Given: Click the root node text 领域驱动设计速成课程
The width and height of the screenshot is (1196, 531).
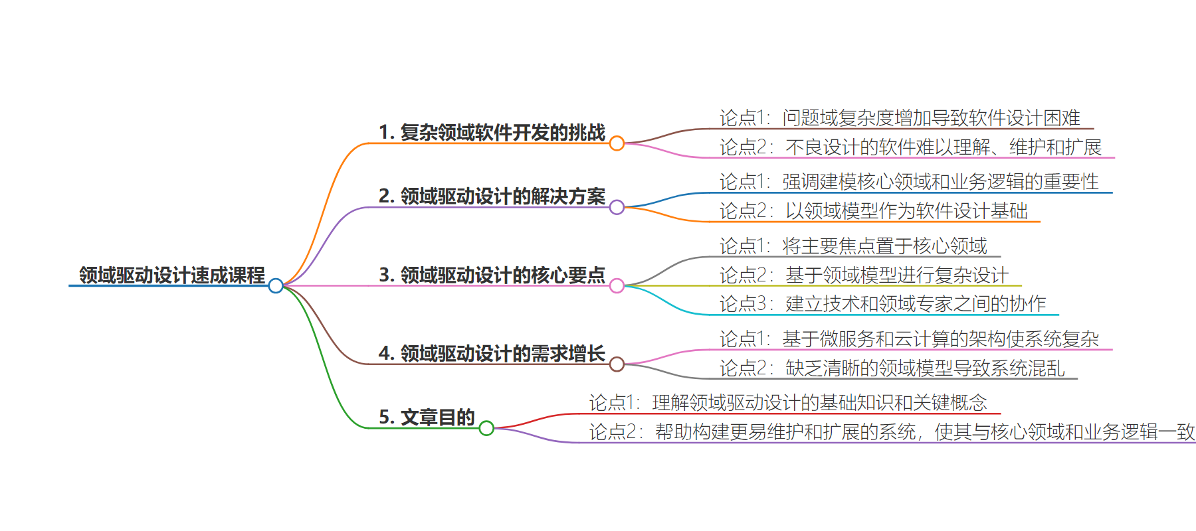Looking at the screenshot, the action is click(x=172, y=275).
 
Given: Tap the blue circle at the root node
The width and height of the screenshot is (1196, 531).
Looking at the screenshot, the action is click(x=276, y=286).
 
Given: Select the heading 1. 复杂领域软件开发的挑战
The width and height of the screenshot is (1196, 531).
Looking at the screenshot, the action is click(x=492, y=133).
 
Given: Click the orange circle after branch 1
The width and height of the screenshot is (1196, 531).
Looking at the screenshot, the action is click(x=617, y=143).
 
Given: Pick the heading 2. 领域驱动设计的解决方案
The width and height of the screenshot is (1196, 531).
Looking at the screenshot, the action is click(x=492, y=196).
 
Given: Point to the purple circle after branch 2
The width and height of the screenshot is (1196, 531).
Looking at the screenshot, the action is click(x=617, y=207).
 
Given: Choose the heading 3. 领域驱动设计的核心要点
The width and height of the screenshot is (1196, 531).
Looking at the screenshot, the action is click(x=492, y=275).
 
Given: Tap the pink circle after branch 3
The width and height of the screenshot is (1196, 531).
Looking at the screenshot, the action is click(x=617, y=286).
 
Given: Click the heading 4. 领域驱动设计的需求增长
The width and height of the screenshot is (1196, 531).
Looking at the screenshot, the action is click(x=492, y=353).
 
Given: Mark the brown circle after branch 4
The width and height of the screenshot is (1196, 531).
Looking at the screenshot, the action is click(x=617, y=364).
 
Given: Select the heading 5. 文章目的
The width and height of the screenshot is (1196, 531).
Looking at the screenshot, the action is click(x=427, y=417).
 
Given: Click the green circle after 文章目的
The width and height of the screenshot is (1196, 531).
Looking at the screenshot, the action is click(x=486, y=428).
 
